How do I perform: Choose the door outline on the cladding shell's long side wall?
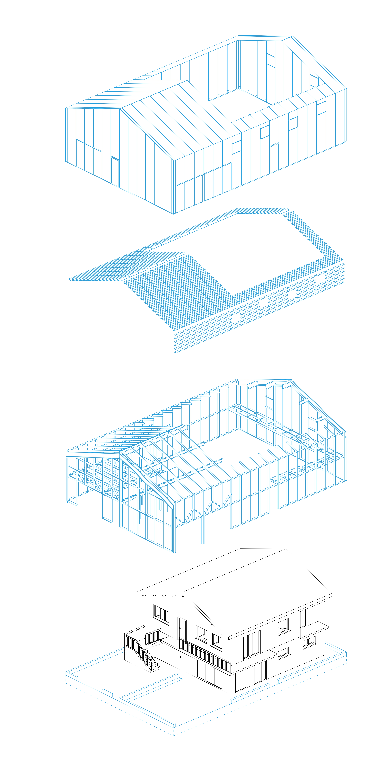click(x=274, y=158)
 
